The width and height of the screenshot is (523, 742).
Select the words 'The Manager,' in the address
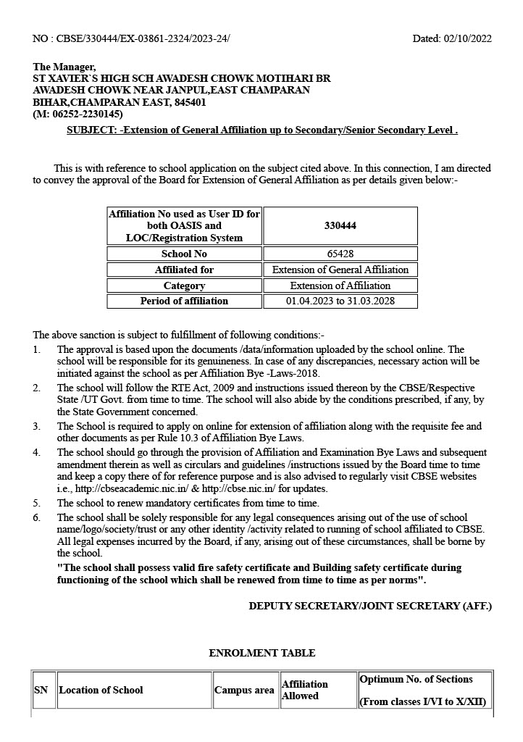[64, 67]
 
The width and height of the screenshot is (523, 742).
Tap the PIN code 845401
[190, 103]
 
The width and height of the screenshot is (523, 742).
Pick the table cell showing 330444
[340, 226]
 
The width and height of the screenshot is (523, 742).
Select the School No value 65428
[340, 254]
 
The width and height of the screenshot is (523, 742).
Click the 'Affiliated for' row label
[184, 270]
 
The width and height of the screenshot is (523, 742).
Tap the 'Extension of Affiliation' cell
[340, 285]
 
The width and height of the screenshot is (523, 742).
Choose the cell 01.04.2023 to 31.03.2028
[340, 301]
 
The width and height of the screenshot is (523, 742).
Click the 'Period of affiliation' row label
[184, 301]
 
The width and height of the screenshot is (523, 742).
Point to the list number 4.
[37, 453]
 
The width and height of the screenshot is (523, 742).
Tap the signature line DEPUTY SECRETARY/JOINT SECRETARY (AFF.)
[370, 605]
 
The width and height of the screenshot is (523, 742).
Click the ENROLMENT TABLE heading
[261, 653]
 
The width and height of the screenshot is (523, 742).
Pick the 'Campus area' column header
[244, 690]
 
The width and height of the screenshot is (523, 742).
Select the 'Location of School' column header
[101, 690]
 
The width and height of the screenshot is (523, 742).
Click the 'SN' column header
[41, 690]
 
